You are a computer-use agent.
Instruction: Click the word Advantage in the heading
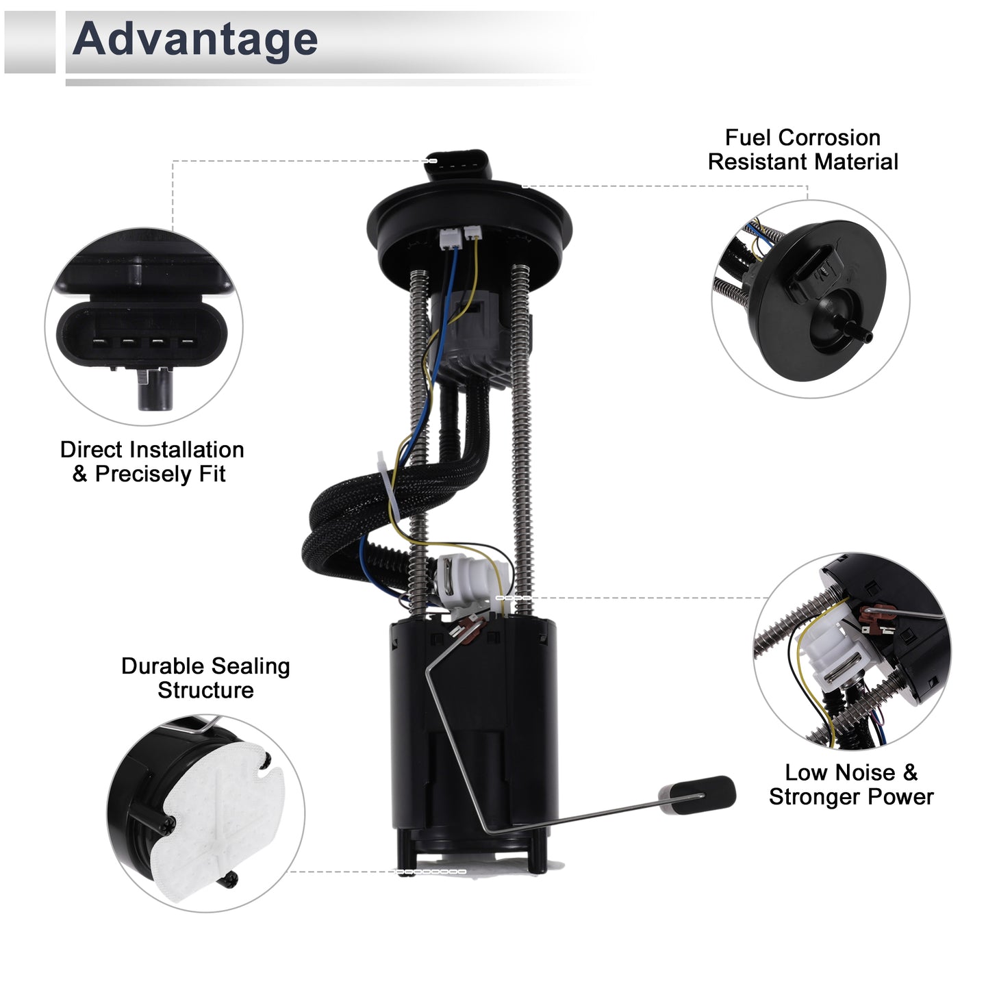[x=195, y=40]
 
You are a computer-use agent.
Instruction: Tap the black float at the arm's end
[x=697, y=795]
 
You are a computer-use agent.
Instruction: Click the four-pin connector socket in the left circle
[x=142, y=333]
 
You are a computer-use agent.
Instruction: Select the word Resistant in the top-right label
[x=757, y=162]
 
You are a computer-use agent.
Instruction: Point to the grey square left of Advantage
[x=29, y=42]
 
